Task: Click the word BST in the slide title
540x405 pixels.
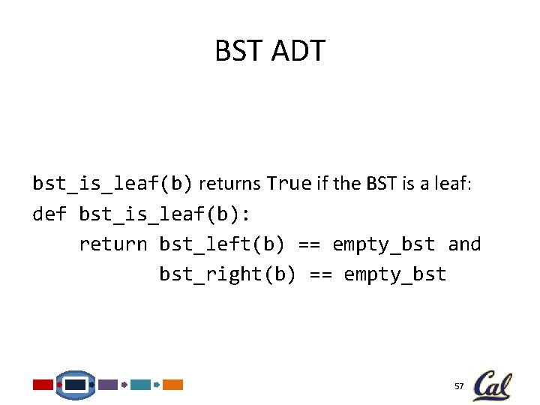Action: pyautogui.click(x=238, y=52)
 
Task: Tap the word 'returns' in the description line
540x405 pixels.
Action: pyautogui.click(x=230, y=184)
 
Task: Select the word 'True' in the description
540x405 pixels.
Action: pyautogui.click(x=289, y=184)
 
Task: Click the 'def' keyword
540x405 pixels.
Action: pyautogui.click(x=49, y=214)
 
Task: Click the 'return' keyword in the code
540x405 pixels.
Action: pyautogui.click(x=113, y=244)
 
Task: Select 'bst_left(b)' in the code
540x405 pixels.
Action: pyautogui.click(x=222, y=244)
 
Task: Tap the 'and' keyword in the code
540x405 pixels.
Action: pyautogui.click(x=464, y=244)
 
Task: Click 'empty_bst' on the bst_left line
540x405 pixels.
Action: pyautogui.click(x=383, y=244)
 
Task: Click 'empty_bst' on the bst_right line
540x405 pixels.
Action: pyautogui.click(x=395, y=274)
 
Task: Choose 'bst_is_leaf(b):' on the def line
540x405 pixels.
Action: pyautogui.click(x=165, y=214)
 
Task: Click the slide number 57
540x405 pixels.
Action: pyautogui.click(x=459, y=386)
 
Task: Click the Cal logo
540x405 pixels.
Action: pyautogui.click(x=492, y=385)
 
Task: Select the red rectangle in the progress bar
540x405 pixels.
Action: pyautogui.click(x=43, y=385)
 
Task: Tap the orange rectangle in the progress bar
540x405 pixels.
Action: pyautogui.click(x=173, y=385)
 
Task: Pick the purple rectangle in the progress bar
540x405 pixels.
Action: pyautogui.click(x=109, y=385)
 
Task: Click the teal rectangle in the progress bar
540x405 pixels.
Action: pyautogui.click(x=140, y=385)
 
